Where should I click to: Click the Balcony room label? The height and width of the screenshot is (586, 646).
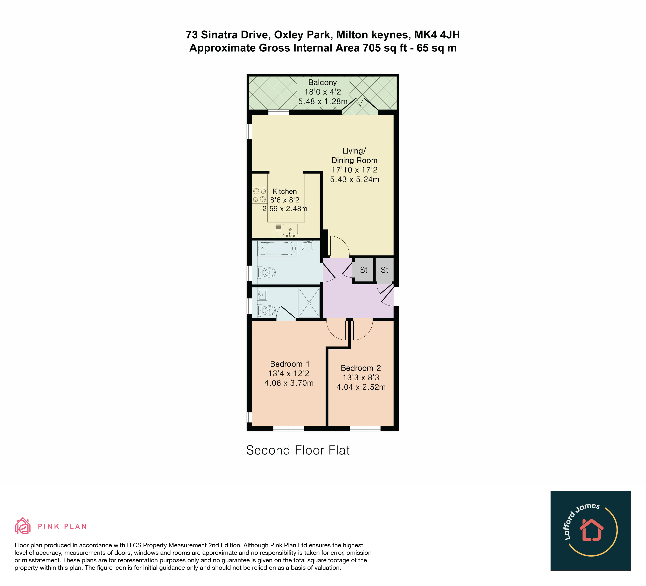(322, 82)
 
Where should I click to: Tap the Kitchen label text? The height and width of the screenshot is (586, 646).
(285, 191)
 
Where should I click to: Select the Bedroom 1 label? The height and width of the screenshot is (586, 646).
(290, 364)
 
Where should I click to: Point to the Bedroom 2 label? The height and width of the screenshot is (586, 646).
(361, 368)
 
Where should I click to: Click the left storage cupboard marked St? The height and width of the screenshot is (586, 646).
(363, 270)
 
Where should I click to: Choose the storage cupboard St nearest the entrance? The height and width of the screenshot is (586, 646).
(385, 270)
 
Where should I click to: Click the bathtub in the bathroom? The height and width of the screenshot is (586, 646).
(277, 249)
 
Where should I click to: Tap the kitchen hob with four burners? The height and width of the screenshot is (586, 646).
(259, 195)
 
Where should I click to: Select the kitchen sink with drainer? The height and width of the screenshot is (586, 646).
(286, 230)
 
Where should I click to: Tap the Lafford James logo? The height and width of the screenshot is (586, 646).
(591, 531)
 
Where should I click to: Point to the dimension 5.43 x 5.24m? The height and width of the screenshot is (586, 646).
(354, 180)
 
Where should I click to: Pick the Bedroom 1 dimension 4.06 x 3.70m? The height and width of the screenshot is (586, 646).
(289, 383)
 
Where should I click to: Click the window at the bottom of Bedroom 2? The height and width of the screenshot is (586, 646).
(365, 429)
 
